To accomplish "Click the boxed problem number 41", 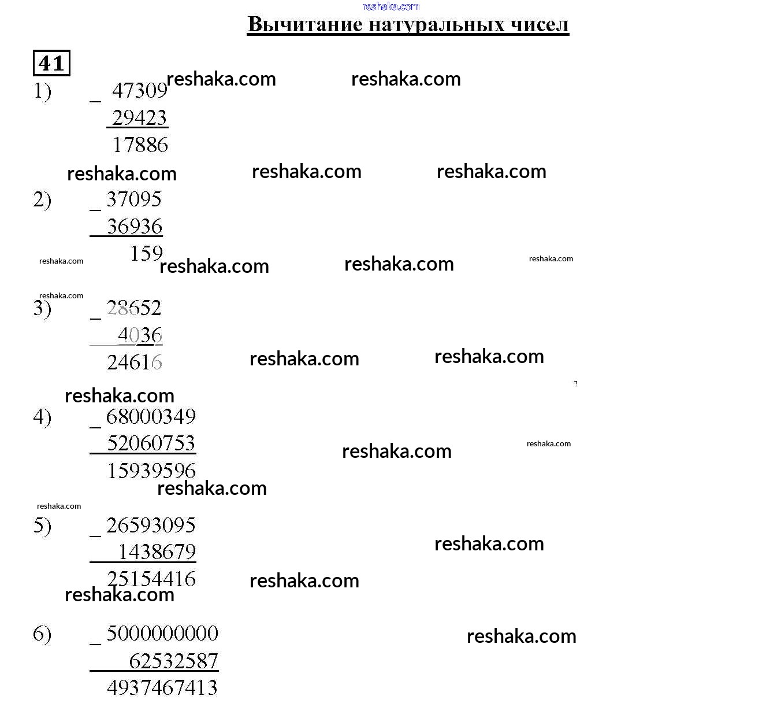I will [51, 63].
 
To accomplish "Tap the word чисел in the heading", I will [540, 24].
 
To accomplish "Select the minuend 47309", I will [140, 91].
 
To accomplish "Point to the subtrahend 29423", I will [140, 118].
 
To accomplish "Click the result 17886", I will [140, 145].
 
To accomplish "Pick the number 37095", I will [134, 199].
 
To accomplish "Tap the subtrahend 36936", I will [135, 227].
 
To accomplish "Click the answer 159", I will [146, 253].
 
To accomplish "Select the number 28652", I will [134, 308].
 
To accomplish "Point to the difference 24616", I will [134, 362].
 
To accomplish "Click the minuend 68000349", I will [151, 416].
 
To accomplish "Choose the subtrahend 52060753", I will [151, 443].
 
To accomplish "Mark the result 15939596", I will [151, 471].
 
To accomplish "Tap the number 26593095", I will [151, 525].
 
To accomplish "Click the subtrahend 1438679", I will [157, 552].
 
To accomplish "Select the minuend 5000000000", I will [162, 634].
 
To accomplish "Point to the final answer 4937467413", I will [162, 687].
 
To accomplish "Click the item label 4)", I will [42, 417].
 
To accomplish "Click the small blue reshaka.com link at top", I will [391, 6].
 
